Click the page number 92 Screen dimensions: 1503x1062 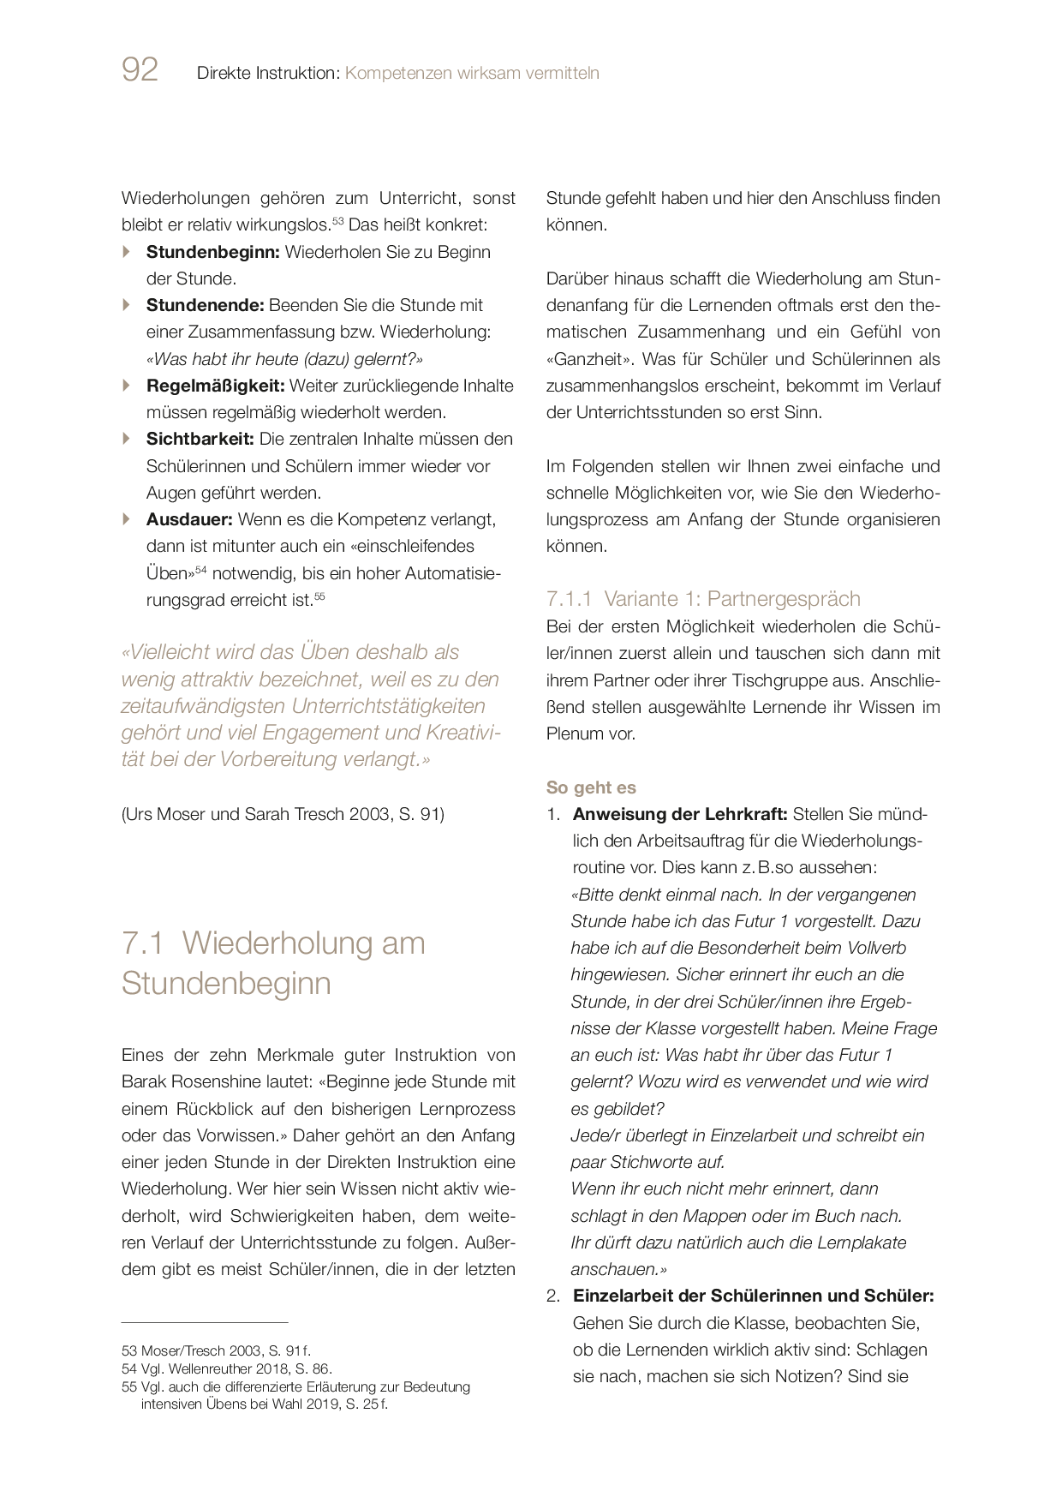(x=140, y=70)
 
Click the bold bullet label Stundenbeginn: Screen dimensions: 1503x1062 (x=212, y=252)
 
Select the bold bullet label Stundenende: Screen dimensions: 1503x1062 (x=206, y=305)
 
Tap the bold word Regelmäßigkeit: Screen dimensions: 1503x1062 (x=215, y=386)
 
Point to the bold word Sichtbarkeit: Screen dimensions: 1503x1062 (x=200, y=439)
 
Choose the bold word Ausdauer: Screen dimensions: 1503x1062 (x=189, y=519)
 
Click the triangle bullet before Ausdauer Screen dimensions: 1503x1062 (x=127, y=519)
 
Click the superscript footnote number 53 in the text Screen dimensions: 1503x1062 (x=337, y=221)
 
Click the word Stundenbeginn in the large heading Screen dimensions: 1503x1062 (x=226, y=983)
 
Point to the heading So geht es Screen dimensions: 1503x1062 (x=591, y=787)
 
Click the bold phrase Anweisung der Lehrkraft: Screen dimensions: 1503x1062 (x=679, y=814)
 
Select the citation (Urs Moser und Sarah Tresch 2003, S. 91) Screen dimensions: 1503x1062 (x=283, y=814)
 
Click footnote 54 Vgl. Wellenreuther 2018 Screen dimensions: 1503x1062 (x=227, y=1368)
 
